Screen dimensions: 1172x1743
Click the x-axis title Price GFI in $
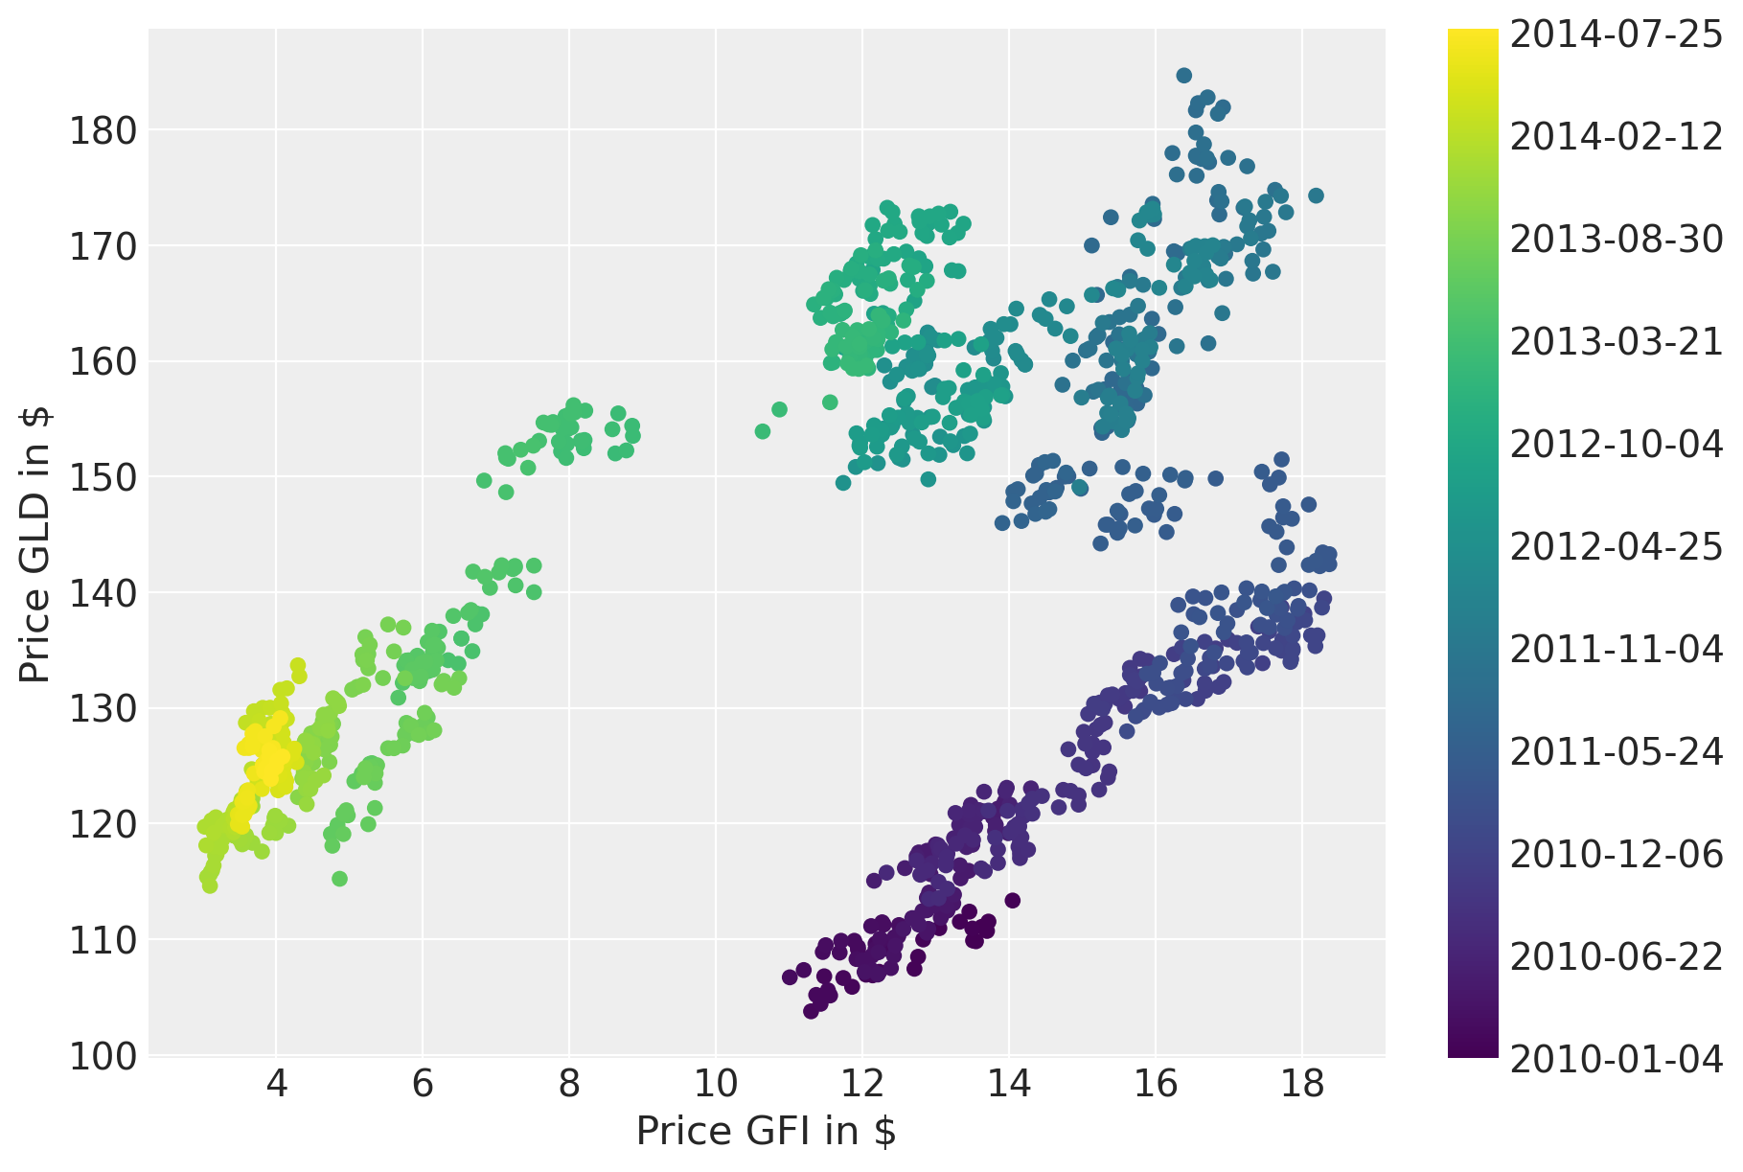[x=766, y=1132]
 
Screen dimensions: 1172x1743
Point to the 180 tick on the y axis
[x=103, y=130]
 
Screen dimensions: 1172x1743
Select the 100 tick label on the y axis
[x=103, y=1056]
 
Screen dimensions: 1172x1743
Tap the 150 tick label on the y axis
[x=103, y=477]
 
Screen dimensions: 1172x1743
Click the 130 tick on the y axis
[x=103, y=709]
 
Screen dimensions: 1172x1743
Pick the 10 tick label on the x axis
[x=715, y=1086]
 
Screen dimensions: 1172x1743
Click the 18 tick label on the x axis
[x=1301, y=1086]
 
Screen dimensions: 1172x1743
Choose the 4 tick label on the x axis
[x=276, y=1086]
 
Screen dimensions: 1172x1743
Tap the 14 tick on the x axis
[x=1008, y=1086]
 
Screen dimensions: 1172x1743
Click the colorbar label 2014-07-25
[x=1616, y=34]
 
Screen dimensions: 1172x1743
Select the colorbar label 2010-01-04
[x=1616, y=1059]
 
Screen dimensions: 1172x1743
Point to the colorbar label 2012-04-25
[x=1616, y=547]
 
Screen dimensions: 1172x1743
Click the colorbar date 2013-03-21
[x=1616, y=342]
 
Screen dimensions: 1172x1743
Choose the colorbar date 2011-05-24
[x=1616, y=752]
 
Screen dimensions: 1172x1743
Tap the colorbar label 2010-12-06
[x=1616, y=854]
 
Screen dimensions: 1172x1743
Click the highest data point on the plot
[x=1183, y=76]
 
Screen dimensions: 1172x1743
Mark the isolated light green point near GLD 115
[x=339, y=879]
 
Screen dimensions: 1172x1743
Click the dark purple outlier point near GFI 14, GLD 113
[x=1012, y=900]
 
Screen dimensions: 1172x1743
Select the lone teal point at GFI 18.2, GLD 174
[x=1316, y=195]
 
